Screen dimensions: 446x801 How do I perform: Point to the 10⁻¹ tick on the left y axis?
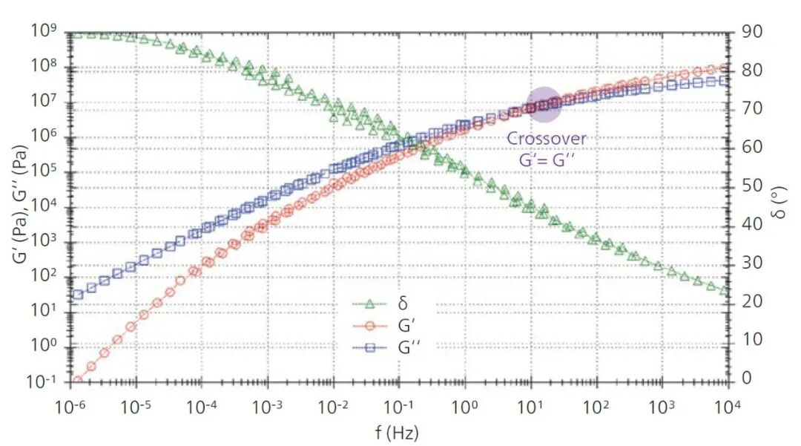44,381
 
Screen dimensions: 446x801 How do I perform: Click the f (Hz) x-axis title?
399,432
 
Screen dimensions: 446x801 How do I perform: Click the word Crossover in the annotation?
547,139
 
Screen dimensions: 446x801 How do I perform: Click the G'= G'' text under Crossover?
547,157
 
